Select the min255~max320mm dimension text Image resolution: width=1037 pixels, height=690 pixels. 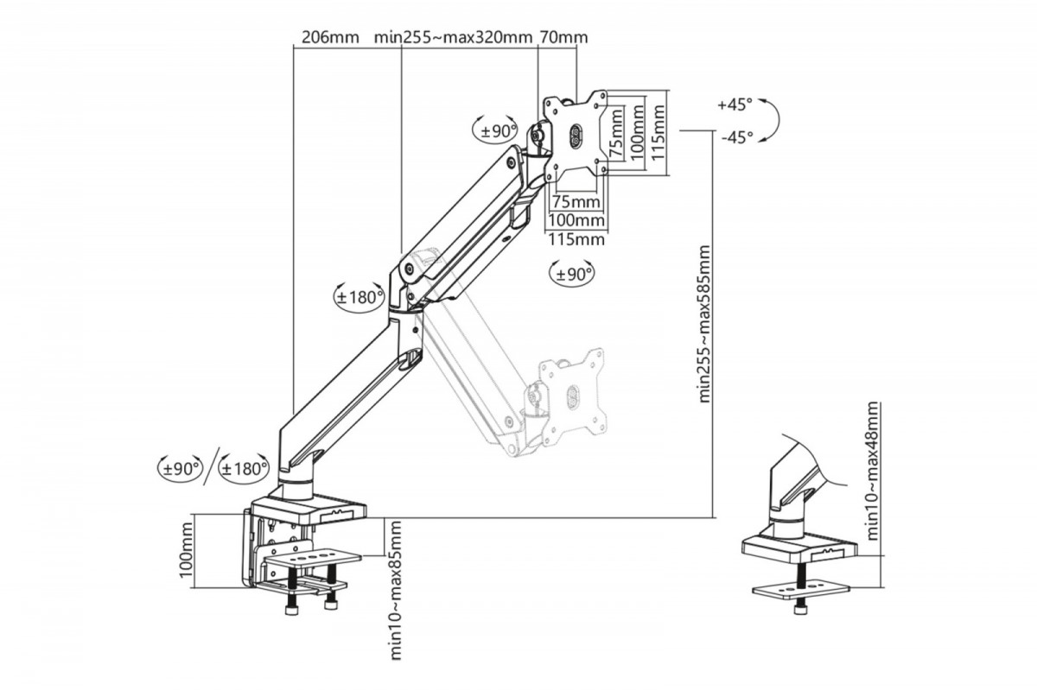pyautogui.click(x=453, y=38)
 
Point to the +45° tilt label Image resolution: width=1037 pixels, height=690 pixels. pyautogui.click(x=735, y=104)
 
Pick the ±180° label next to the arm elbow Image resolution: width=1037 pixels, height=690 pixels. pyautogui.click(x=359, y=297)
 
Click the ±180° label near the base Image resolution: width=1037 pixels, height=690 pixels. pyautogui.click(x=243, y=468)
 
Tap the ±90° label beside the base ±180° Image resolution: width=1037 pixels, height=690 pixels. pyautogui.click(x=180, y=468)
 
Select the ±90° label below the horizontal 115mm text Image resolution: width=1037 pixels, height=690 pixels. pyautogui.click(x=572, y=274)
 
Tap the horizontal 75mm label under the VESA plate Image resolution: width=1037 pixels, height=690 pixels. pyautogui.click(x=576, y=202)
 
